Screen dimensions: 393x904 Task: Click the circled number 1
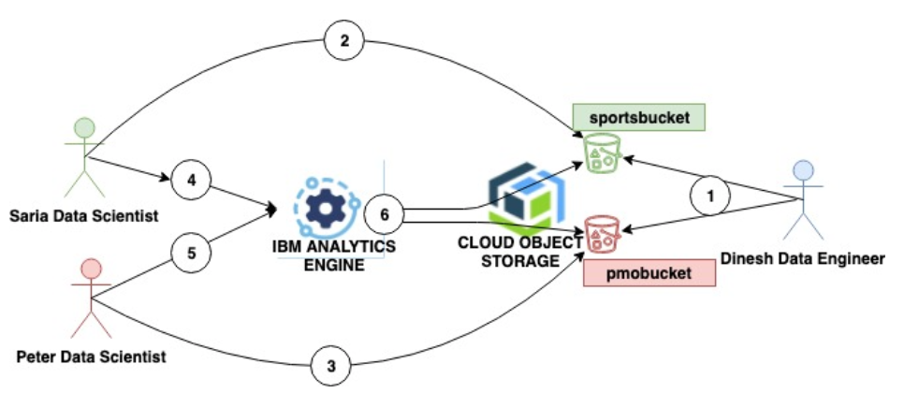710,198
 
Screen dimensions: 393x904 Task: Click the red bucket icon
602,234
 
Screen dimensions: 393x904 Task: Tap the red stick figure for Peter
82,298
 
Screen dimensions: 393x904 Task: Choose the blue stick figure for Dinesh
803,200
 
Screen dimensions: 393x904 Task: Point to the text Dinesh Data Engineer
803,259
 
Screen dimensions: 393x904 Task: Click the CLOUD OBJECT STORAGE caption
512,250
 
